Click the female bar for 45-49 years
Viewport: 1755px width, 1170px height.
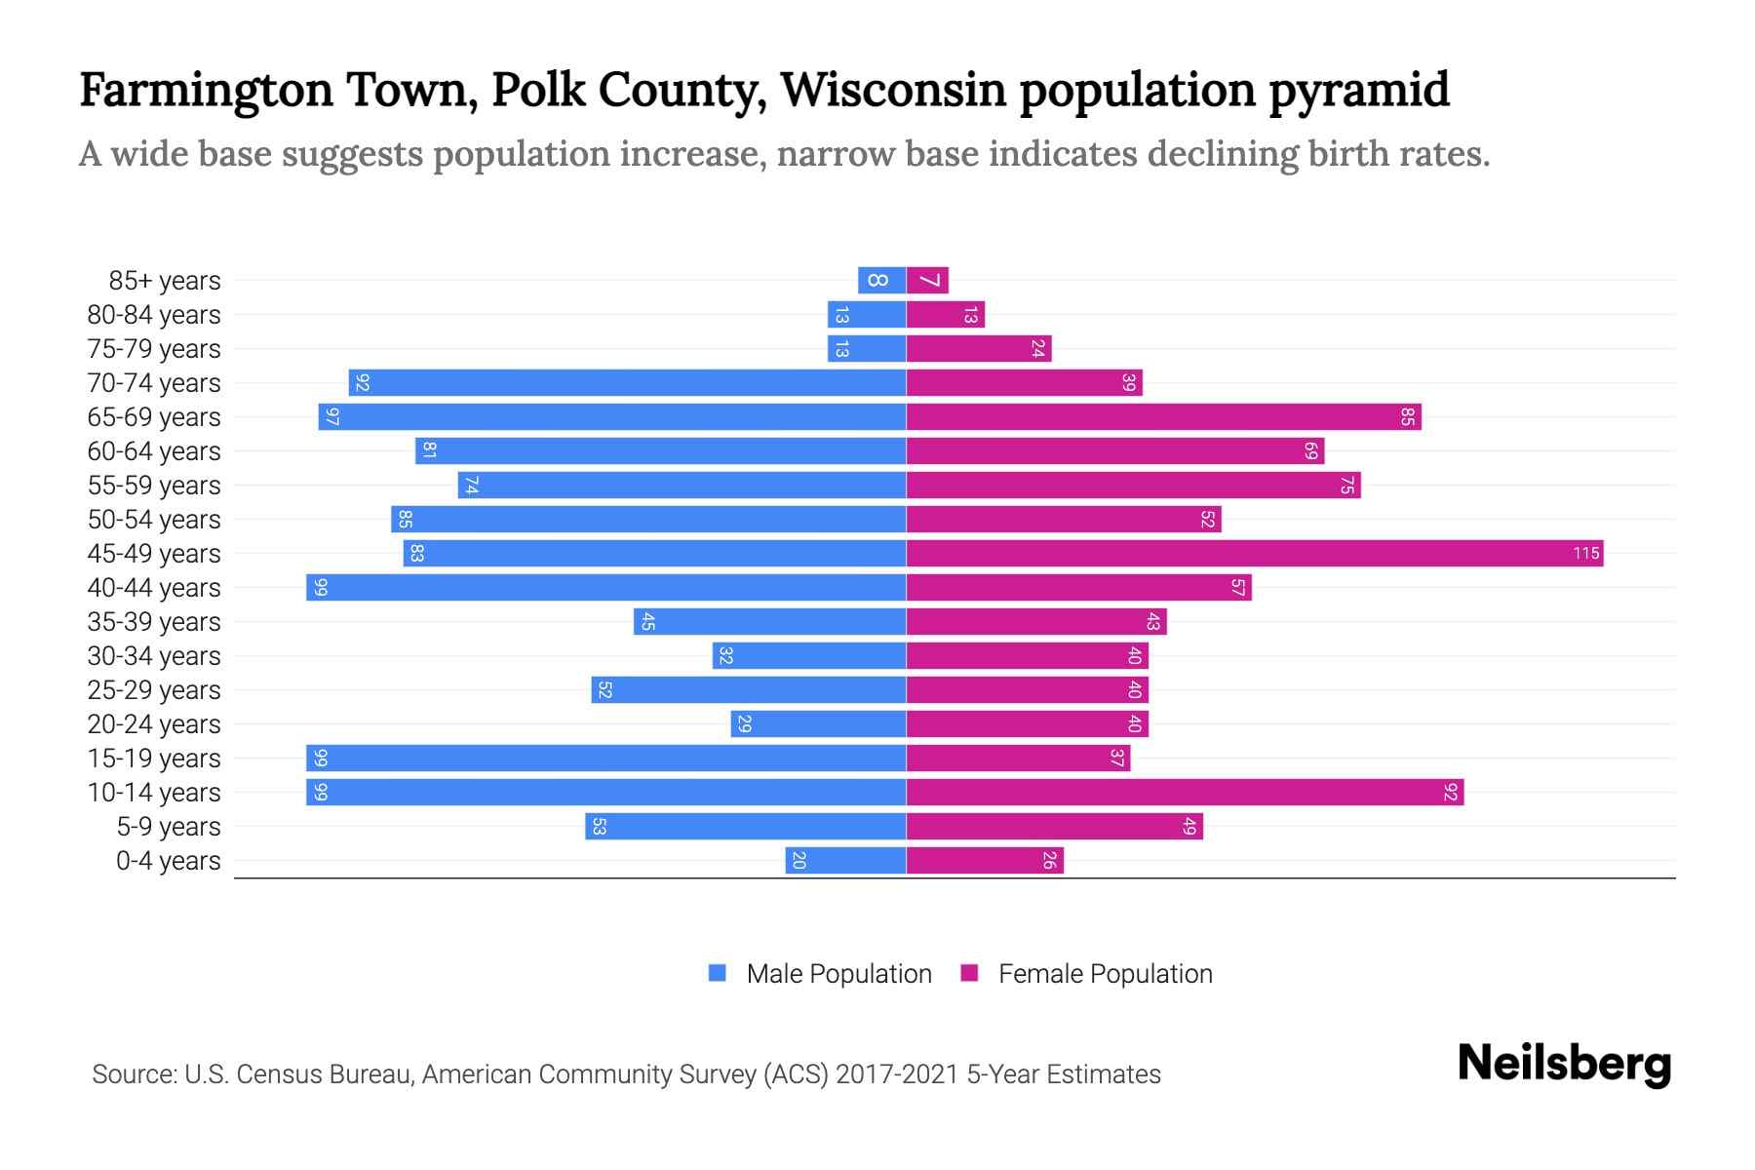pyautogui.click(x=1254, y=554)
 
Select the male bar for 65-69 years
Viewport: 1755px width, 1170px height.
pyautogui.click(x=612, y=417)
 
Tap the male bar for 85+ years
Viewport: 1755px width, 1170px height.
pyautogui.click(x=881, y=281)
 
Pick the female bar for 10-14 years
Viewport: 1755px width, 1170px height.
pyautogui.click(x=1185, y=793)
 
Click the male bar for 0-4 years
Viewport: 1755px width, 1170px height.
pyautogui.click(x=845, y=861)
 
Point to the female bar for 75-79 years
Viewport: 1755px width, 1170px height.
pyautogui.click(x=979, y=349)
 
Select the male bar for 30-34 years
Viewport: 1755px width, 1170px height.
pyautogui.click(x=809, y=656)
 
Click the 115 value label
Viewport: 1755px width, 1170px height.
pyautogui.click(x=1585, y=554)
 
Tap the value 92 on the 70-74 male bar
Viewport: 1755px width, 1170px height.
pyautogui.click(x=362, y=383)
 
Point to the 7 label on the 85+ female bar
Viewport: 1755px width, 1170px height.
pyautogui.click(x=930, y=281)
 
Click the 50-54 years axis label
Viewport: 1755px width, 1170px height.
pyautogui.click(x=154, y=520)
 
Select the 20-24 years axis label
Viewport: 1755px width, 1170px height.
pyautogui.click(x=154, y=724)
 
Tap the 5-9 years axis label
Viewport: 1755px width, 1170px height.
pyautogui.click(x=169, y=827)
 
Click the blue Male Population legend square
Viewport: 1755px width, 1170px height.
pyautogui.click(x=718, y=973)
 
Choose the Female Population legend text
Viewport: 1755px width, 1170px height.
pyautogui.click(x=1105, y=974)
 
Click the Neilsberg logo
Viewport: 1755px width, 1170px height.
pyautogui.click(x=1564, y=1064)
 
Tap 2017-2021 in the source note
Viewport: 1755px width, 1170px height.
pyautogui.click(x=897, y=1074)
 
